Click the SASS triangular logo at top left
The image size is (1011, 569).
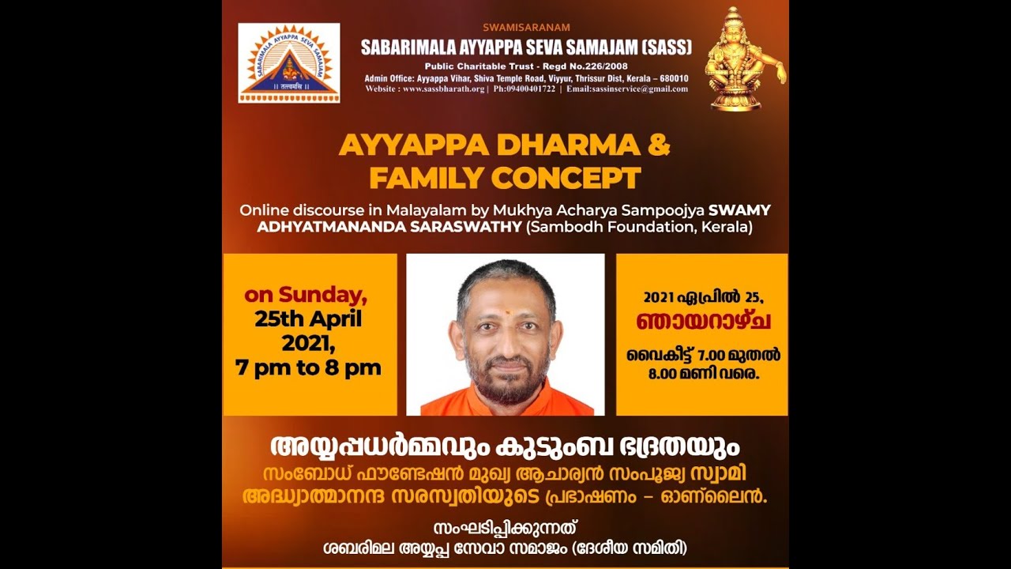[x=289, y=63]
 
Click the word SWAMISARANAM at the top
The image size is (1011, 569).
[x=526, y=27]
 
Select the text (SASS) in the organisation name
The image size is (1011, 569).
[x=665, y=47]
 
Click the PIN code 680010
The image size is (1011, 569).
[x=670, y=78]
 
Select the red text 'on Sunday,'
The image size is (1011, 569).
[x=306, y=296]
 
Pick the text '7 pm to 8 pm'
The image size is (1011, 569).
[x=308, y=367]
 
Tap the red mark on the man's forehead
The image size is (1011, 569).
[x=505, y=312]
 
